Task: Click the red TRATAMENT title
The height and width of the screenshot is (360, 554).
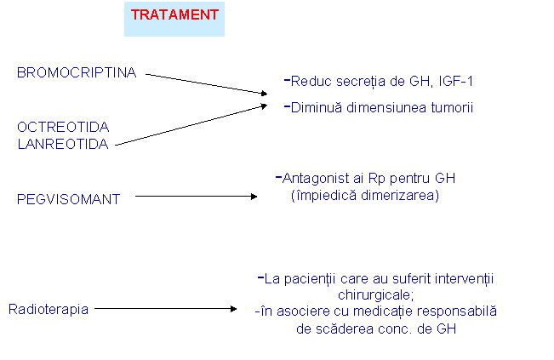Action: coord(174,15)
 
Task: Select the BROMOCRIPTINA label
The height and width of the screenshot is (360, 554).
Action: coord(77,74)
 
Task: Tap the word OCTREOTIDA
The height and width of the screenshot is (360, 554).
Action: coord(63,127)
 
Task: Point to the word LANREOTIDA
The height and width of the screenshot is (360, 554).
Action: coord(63,144)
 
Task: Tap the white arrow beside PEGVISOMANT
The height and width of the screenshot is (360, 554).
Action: coord(203,192)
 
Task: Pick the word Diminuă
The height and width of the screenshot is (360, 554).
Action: coord(316,107)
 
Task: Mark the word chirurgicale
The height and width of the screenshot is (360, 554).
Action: coord(375,294)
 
